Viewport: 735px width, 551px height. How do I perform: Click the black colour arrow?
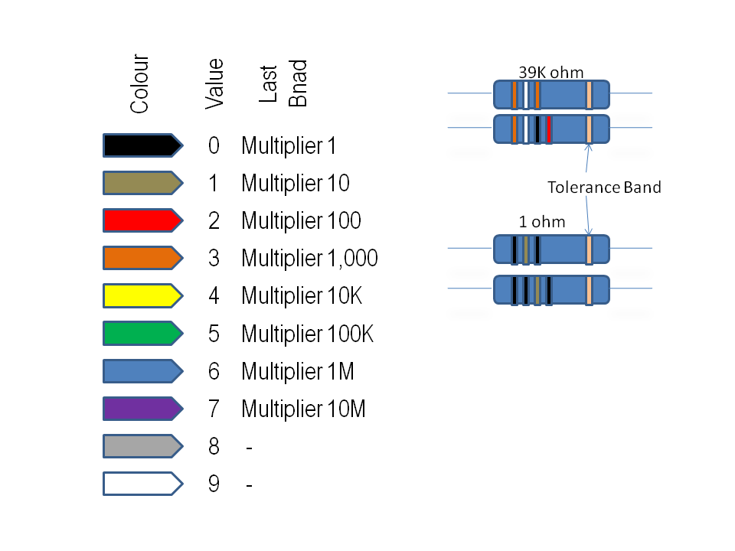point(142,145)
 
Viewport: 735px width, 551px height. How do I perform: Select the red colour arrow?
point(142,220)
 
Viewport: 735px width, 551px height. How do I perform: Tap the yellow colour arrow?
point(142,295)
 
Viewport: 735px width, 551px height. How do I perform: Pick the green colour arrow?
point(142,334)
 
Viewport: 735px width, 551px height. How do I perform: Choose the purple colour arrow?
point(142,409)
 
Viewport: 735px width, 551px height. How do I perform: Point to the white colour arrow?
point(142,484)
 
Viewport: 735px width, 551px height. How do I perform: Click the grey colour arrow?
point(142,445)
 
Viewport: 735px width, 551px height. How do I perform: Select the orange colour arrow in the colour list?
point(142,258)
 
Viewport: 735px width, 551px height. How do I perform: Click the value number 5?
point(214,334)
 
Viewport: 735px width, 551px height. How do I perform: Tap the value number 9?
point(214,484)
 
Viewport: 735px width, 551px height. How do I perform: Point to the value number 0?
point(214,145)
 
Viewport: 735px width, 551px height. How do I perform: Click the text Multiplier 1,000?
point(309,259)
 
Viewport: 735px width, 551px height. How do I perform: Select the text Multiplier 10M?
point(303,409)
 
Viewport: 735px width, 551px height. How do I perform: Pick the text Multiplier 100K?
point(307,334)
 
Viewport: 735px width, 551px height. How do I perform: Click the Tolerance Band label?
point(604,187)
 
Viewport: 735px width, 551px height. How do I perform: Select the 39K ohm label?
point(550,73)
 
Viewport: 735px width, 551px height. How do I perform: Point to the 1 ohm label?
point(542,223)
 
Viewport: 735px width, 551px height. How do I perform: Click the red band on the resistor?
point(550,129)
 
